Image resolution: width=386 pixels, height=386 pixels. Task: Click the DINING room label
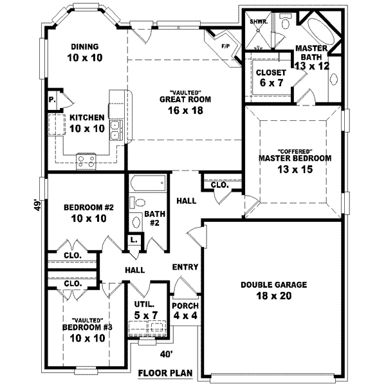pyautogui.click(x=85, y=46)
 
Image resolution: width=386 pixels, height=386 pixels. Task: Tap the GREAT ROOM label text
pyautogui.click(x=186, y=100)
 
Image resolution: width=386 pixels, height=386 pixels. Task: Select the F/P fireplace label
pyautogui.click(x=225, y=46)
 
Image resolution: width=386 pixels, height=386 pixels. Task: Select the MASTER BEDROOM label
pyautogui.click(x=295, y=158)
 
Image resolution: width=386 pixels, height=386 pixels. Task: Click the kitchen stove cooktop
pyautogui.click(x=86, y=159)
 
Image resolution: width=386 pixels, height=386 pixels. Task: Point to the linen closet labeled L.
pyautogui.click(x=134, y=240)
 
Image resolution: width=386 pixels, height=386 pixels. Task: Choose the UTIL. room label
pyautogui.click(x=143, y=303)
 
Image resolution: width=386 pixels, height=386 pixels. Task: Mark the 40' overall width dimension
pyautogui.click(x=166, y=353)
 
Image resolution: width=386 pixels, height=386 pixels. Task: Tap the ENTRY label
pyautogui.click(x=185, y=267)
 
